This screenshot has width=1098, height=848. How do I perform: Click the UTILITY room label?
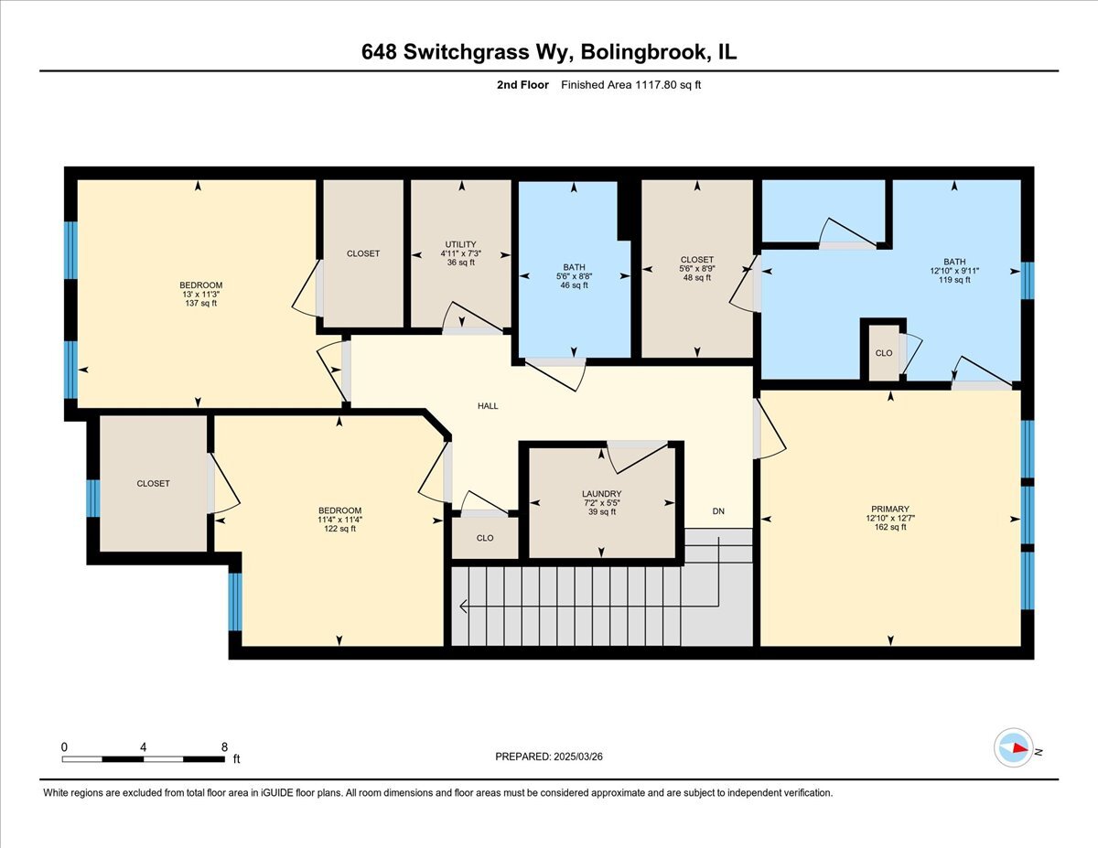pos(461,244)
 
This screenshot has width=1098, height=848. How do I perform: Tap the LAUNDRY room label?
pos(601,494)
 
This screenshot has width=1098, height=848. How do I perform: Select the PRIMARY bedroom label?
pos(890,510)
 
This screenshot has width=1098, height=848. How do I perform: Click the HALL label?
pos(488,405)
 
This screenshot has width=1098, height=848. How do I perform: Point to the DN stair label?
pos(718,511)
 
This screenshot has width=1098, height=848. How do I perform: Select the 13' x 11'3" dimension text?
pos(201,295)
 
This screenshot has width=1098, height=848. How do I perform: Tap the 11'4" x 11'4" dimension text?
pos(339,520)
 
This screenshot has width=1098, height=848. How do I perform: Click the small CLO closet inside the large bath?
pos(883,353)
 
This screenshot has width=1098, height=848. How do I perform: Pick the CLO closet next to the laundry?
pos(485,539)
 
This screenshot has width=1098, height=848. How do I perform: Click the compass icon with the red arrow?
pos(1014,747)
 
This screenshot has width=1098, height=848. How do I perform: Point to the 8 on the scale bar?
pos(224,746)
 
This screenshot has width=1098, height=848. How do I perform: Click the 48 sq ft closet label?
pos(697,278)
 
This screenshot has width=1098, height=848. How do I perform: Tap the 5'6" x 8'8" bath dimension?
pos(574,276)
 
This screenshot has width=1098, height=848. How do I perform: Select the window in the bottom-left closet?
pos(92,499)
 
